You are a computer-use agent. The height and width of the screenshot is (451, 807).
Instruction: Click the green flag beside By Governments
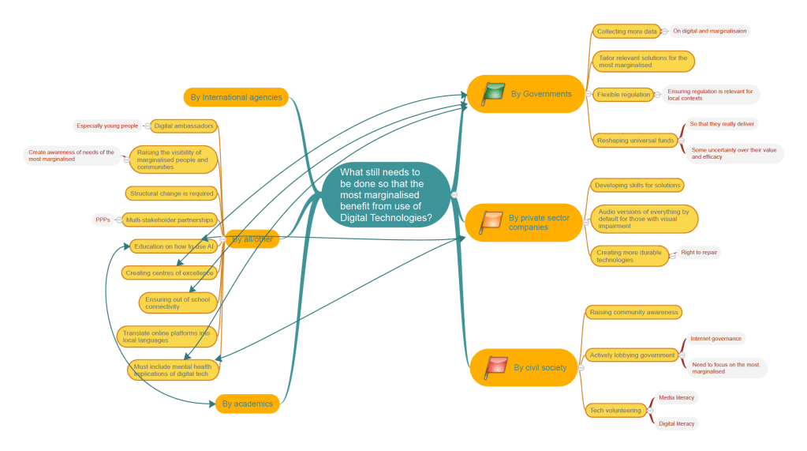point(493,93)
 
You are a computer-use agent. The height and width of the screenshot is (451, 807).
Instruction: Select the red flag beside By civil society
point(495,366)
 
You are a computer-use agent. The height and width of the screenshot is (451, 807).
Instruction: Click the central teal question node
point(386,194)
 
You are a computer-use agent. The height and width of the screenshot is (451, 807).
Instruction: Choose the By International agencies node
point(236,97)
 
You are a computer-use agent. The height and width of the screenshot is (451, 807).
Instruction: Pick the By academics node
point(247,404)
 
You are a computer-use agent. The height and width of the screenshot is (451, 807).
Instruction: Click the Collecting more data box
point(626,32)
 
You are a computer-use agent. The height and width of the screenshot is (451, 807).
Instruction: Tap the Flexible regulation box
point(623,94)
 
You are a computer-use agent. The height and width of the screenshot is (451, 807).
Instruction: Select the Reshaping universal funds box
point(635,141)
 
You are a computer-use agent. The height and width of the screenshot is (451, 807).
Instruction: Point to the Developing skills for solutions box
point(637,185)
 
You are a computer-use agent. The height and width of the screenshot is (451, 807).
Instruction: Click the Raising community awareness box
point(633,312)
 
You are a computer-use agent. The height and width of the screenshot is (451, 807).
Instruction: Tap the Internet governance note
point(715,338)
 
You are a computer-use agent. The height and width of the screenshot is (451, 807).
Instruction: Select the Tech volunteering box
point(615,410)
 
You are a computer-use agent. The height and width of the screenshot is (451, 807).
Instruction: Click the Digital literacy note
point(676,423)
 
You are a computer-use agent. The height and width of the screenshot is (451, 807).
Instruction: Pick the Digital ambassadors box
point(183,126)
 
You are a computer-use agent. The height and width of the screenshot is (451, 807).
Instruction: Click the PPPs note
point(103,220)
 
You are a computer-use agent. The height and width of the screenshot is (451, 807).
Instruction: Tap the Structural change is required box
point(171,193)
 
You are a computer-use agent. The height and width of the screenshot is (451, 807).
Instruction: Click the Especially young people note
point(107,126)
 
